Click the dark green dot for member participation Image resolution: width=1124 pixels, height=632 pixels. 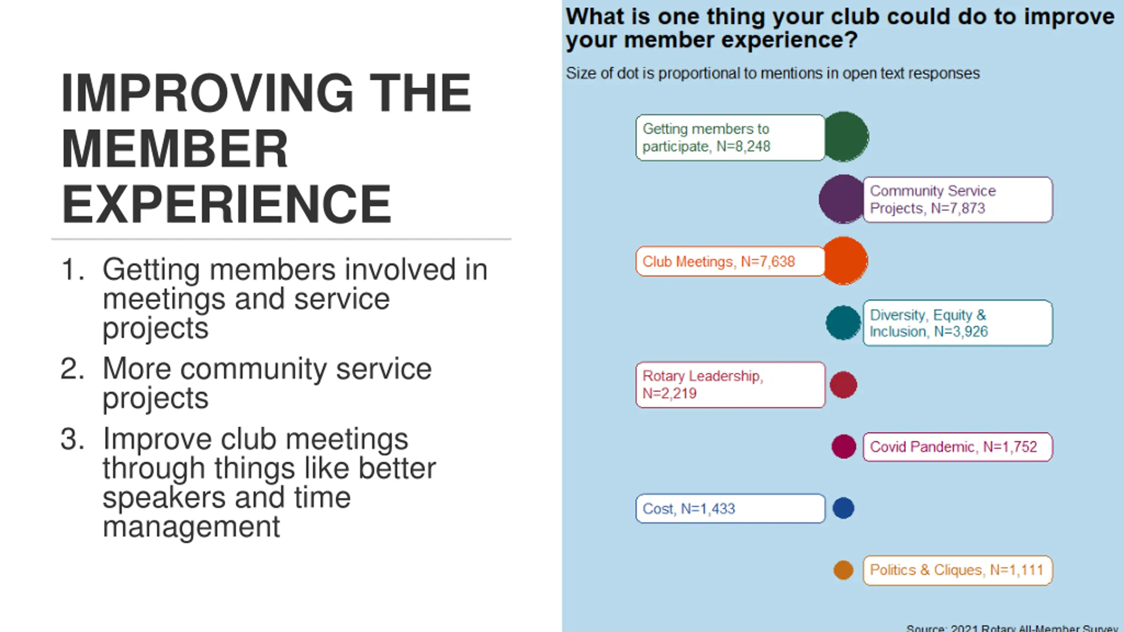click(x=846, y=137)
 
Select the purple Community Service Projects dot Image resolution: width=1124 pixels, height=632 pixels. click(x=841, y=199)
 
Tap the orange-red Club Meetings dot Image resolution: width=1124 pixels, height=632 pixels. click(x=845, y=261)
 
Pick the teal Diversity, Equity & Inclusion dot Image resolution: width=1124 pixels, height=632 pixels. click(x=843, y=323)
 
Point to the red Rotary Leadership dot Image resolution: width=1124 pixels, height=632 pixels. click(x=843, y=385)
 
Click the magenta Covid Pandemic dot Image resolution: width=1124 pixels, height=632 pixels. click(x=843, y=447)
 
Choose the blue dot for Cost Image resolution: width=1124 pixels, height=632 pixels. click(x=843, y=508)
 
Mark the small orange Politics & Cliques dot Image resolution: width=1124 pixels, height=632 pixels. click(x=843, y=570)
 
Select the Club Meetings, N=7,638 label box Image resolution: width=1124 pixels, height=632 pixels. click(x=730, y=262)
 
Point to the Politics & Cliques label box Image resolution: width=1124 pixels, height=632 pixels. click(x=957, y=570)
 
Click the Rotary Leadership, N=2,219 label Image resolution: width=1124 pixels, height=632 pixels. click(x=730, y=385)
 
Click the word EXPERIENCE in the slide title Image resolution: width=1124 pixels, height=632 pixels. click(x=226, y=204)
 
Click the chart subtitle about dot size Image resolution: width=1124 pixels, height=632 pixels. click(x=772, y=73)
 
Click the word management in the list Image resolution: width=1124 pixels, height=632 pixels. click(x=191, y=527)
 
